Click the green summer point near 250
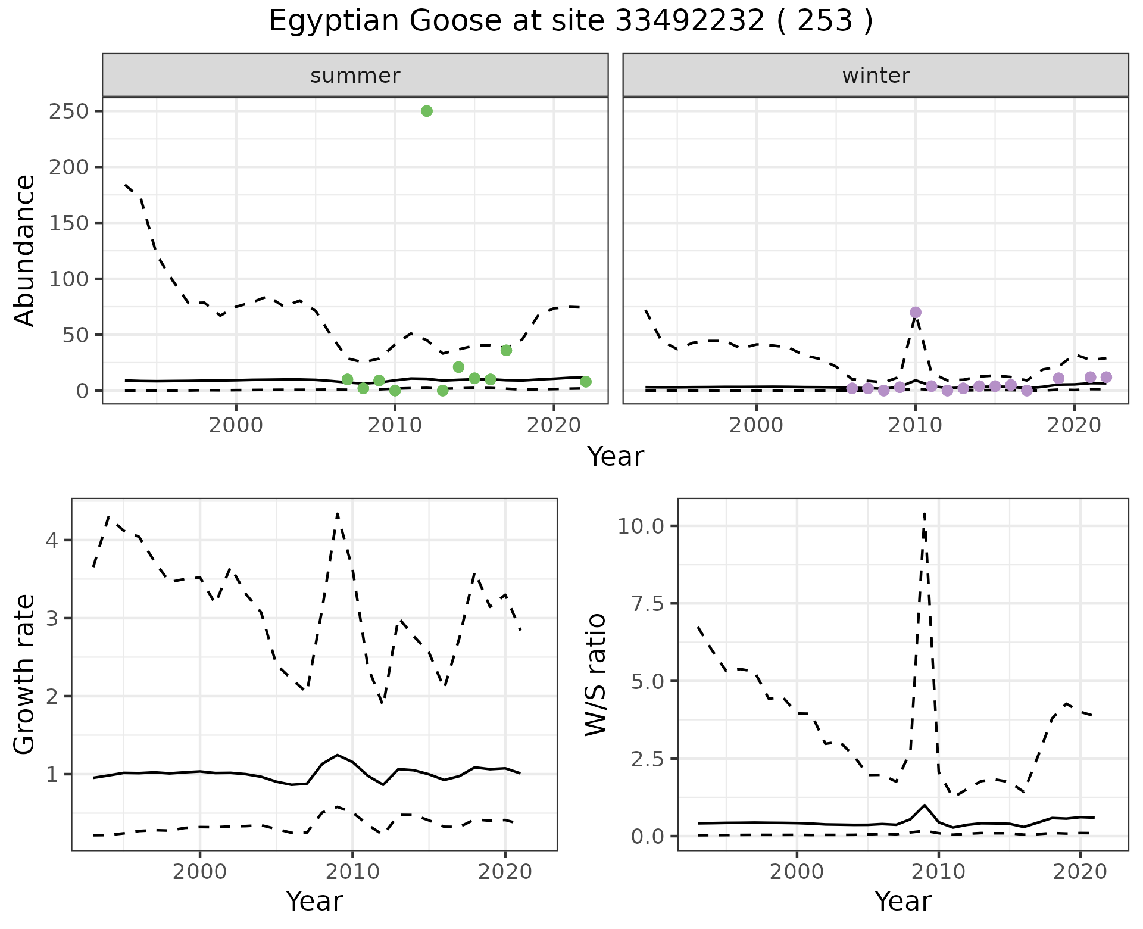point(426,111)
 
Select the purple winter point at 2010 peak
point(916,312)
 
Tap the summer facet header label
point(355,76)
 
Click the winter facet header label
point(876,76)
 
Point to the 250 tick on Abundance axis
point(68,111)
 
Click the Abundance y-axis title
point(25,250)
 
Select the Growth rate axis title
point(25,675)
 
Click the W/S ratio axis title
point(595,675)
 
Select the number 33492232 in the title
point(689,21)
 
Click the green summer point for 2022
point(585,382)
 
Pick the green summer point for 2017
point(506,350)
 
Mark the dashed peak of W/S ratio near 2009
point(924,513)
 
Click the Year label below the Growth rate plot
point(314,901)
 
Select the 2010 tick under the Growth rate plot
point(352,872)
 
